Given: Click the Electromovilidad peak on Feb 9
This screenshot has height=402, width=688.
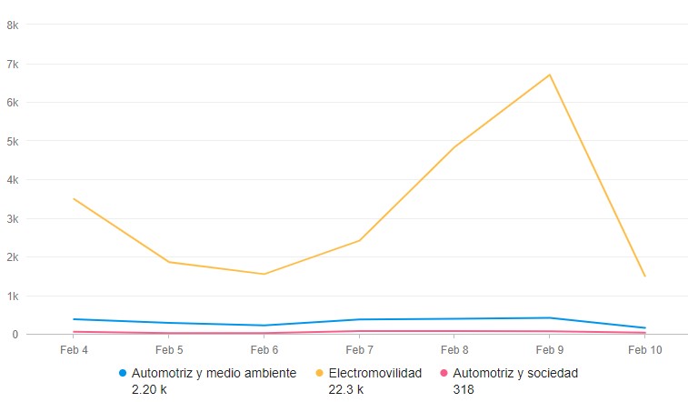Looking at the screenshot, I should [549, 75].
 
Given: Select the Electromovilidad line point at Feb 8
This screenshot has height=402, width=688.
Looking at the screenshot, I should [454, 147].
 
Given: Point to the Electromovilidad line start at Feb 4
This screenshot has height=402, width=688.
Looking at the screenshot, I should [74, 198].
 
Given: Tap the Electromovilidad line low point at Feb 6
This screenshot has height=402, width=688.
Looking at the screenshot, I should [264, 274].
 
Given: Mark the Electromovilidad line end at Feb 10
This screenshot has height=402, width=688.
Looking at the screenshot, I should [644, 276].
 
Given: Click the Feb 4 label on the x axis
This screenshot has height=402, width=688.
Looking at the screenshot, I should [74, 349].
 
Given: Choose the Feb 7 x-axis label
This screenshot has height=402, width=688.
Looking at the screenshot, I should [359, 349].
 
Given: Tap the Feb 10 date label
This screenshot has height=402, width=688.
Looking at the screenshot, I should [644, 349].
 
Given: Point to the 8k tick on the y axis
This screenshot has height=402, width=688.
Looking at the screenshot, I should [13, 25].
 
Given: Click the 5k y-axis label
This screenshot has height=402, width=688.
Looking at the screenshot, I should [13, 141].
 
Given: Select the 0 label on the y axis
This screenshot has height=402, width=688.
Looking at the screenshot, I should [15, 335].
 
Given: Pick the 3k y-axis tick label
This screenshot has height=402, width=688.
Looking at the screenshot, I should [13, 218].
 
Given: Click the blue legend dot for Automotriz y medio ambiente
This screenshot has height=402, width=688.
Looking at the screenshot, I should [123, 373].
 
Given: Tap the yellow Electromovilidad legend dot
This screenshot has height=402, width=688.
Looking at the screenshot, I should [320, 373].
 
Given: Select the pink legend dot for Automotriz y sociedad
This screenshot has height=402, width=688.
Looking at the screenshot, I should [444, 373].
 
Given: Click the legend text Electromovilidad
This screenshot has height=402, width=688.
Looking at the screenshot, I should [374, 373].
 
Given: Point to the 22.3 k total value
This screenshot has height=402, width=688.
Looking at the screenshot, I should [345, 389].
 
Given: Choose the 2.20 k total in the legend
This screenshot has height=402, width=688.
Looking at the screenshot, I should [149, 389].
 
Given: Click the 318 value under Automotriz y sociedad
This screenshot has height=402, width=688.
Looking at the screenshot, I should [463, 389].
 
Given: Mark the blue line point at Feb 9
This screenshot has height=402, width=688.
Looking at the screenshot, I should [549, 317].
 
